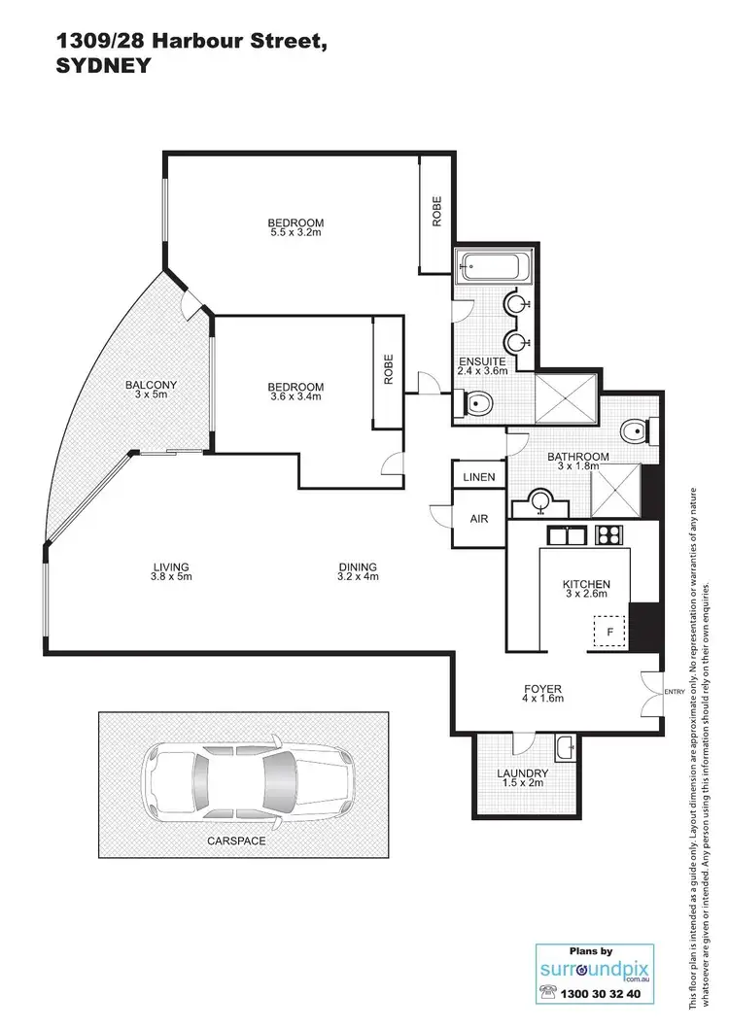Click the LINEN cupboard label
pos(479,477)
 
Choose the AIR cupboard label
pos(479,519)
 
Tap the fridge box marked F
pos(609,632)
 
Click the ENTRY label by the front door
pos(674,692)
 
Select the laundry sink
pos(565,748)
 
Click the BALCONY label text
pos(151,386)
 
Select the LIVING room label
pos(170,567)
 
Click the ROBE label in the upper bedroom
pos(437,211)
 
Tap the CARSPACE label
pos(237,840)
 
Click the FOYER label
pos(542,690)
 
